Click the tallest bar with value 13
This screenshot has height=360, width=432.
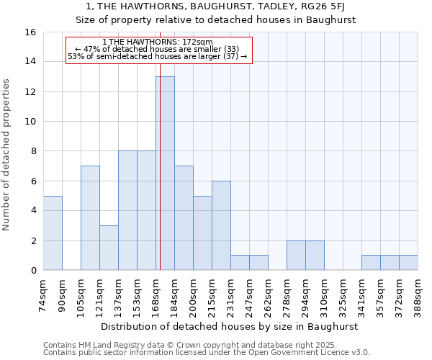[x=165, y=173]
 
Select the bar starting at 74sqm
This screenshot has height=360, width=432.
[x=53, y=233]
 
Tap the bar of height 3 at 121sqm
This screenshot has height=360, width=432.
[x=109, y=248]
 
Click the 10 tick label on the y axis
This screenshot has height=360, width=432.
[x=30, y=122]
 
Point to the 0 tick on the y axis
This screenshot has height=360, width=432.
[x=32, y=271]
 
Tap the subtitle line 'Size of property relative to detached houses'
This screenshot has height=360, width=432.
[x=215, y=20]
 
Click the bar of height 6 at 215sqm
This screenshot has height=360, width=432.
[x=221, y=225]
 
